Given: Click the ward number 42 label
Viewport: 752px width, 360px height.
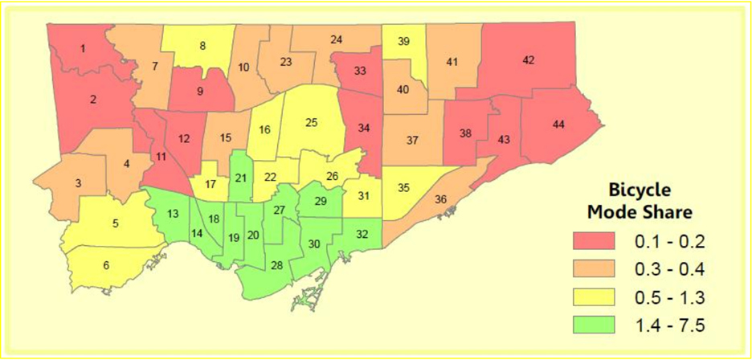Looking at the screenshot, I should [x=528, y=60].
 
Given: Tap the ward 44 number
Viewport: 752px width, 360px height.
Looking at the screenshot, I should [x=558, y=124].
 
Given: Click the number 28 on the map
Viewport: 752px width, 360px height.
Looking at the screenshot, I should [x=276, y=266].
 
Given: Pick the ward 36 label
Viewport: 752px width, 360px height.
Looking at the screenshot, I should [x=441, y=199].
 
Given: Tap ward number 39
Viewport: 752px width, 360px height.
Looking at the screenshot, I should [x=404, y=41].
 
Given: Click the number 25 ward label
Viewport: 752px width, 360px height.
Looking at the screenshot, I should [x=312, y=122].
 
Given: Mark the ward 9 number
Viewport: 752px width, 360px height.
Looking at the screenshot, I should [x=200, y=91].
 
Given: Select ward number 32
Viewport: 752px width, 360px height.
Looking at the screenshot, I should [x=362, y=234].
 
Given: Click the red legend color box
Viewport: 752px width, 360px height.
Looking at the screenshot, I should [x=593, y=239].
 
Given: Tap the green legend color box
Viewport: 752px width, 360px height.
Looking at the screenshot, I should [x=593, y=325].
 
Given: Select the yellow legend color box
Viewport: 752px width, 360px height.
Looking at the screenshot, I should [x=593, y=297].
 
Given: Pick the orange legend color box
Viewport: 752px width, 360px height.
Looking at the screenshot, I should [x=593, y=268].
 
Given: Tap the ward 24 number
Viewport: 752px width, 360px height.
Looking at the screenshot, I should [x=337, y=39].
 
